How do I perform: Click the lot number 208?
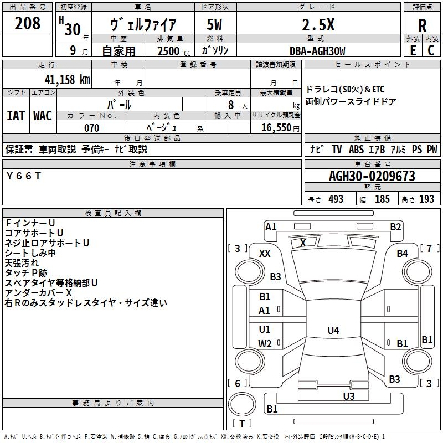[x=27, y=24]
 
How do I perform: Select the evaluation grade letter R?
[x=422, y=25]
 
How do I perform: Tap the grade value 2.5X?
[x=317, y=25]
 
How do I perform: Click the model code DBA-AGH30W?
[x=317, y=51]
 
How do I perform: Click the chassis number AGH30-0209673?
[x=372, y=176]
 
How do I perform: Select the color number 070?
[x=91, y=128]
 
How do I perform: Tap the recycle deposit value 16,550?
[x=276, y=128]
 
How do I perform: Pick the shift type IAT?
[x=16, y=115]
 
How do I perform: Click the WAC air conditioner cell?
[x=43, y=115]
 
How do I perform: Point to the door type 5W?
[x=215, y=26]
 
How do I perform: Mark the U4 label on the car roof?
[x=333, y=331]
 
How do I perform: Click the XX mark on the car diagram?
[x=265, y=253]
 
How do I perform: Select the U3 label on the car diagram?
[x=348, y=396]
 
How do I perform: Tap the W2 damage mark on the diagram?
[x=265, y=343]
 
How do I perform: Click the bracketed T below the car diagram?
[x=241, y=424]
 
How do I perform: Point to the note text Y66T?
[x=23, y=176]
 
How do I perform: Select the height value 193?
[x=426, y=199]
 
